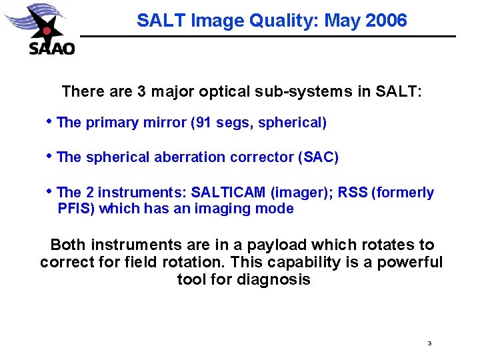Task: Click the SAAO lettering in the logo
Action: tap(51, 47)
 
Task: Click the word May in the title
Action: tap(341, 21)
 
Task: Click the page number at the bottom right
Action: tap(429, 343)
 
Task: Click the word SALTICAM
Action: tap(229, 193)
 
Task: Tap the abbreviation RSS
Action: tap(353, 193)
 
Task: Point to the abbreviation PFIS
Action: tap(74, 209)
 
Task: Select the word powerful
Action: tap(409, 262)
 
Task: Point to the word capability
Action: tap(308, 262)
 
